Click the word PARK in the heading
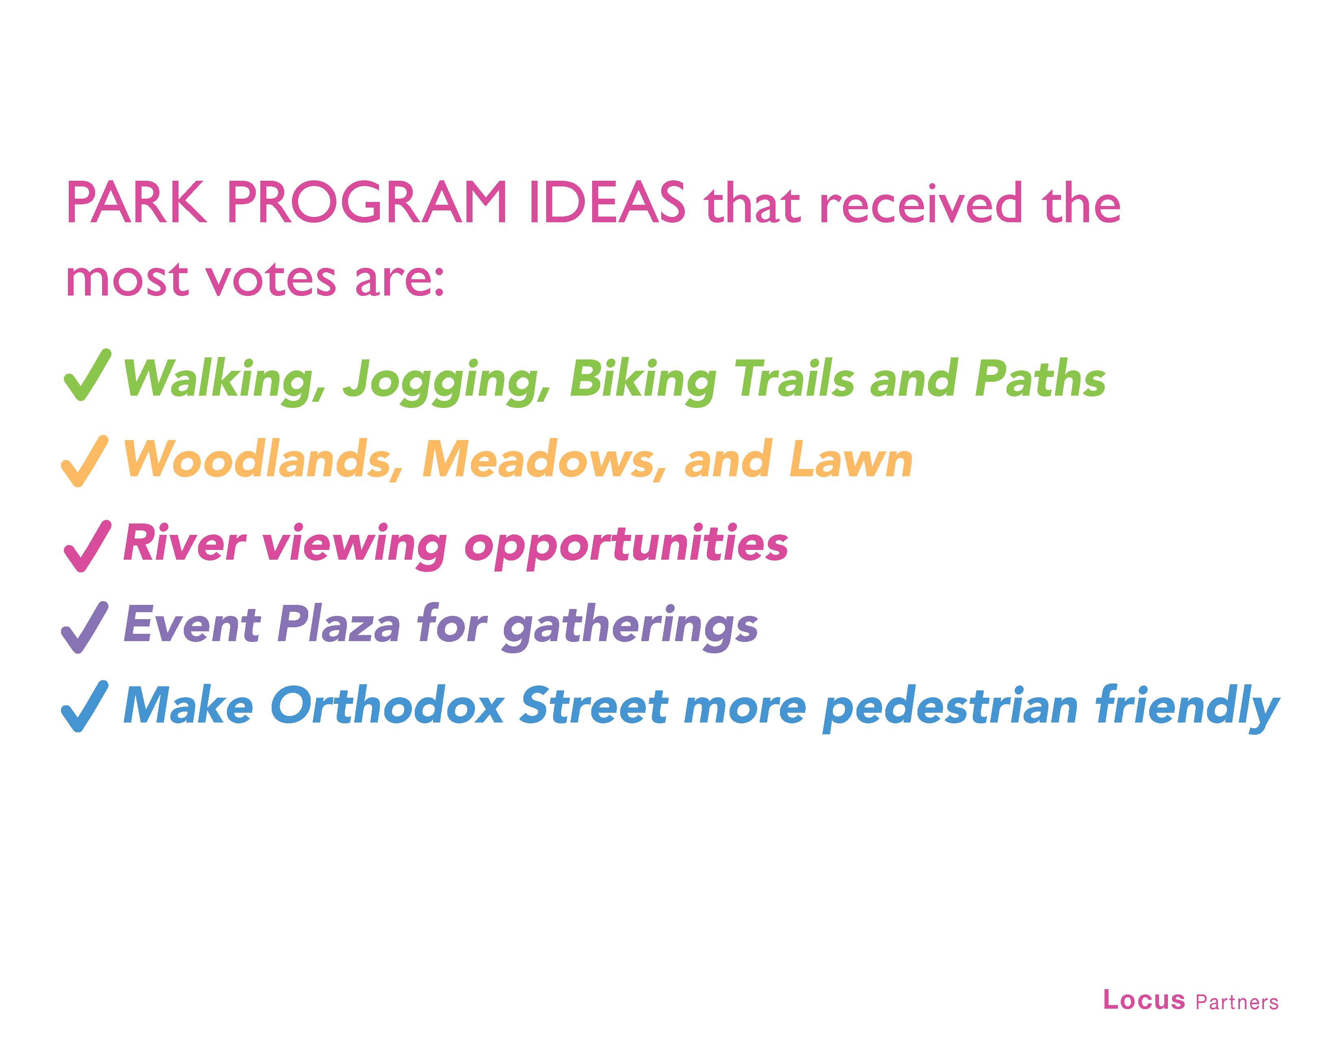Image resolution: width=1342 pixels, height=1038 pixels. point(136,203)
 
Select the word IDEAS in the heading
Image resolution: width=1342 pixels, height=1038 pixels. point(605,203)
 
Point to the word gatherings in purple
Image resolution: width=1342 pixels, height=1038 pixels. point(630,627)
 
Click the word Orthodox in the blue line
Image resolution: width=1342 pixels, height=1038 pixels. point(386,705)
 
